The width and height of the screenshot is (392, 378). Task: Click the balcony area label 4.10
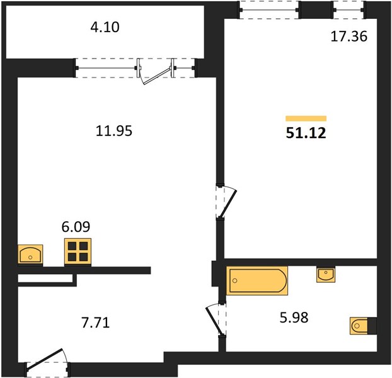pos(105,27)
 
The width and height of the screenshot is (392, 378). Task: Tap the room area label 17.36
pos(349,37)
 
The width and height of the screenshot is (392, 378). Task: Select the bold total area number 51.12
pos(306,133)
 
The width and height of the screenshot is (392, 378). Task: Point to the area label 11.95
pos(113,131)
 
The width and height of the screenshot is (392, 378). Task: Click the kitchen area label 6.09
pos(76,227)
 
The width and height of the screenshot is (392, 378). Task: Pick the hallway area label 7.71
pos(96,323)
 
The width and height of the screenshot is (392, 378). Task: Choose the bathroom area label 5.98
pos(294,318)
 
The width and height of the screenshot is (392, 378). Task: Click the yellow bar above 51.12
pos(306,118)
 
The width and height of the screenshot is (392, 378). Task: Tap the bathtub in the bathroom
pos(257,280)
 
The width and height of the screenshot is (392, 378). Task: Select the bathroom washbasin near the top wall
pos(326,275)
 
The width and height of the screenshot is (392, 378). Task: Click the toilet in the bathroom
pos(359,326)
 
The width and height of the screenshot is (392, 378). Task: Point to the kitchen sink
pos(30,254)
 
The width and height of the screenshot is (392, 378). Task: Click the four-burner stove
pos(78,251)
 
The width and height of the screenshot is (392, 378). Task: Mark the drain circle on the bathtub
pos(234,280)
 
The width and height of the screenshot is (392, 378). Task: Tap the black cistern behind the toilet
pos(372,326)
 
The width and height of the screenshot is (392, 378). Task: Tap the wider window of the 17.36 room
pos(270,10)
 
